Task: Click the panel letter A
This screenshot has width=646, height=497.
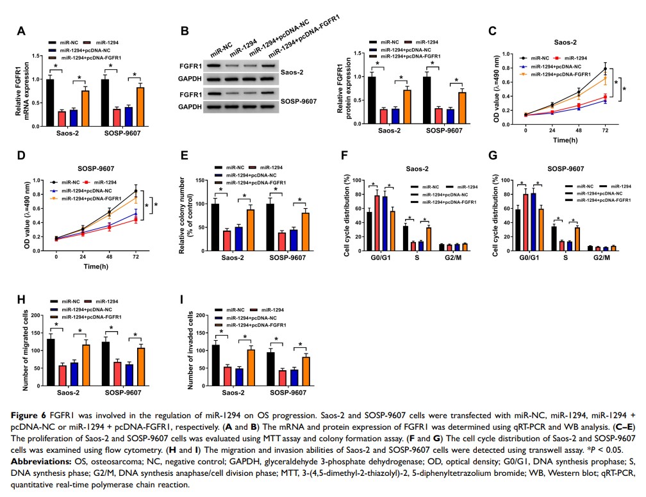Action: [x=21, y=31]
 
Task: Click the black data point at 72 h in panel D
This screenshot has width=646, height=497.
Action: [x=135, y=190]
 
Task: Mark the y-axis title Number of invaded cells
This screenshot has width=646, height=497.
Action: [x=190, y=350]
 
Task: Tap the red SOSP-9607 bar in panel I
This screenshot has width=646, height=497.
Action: [x=283, y=377]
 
